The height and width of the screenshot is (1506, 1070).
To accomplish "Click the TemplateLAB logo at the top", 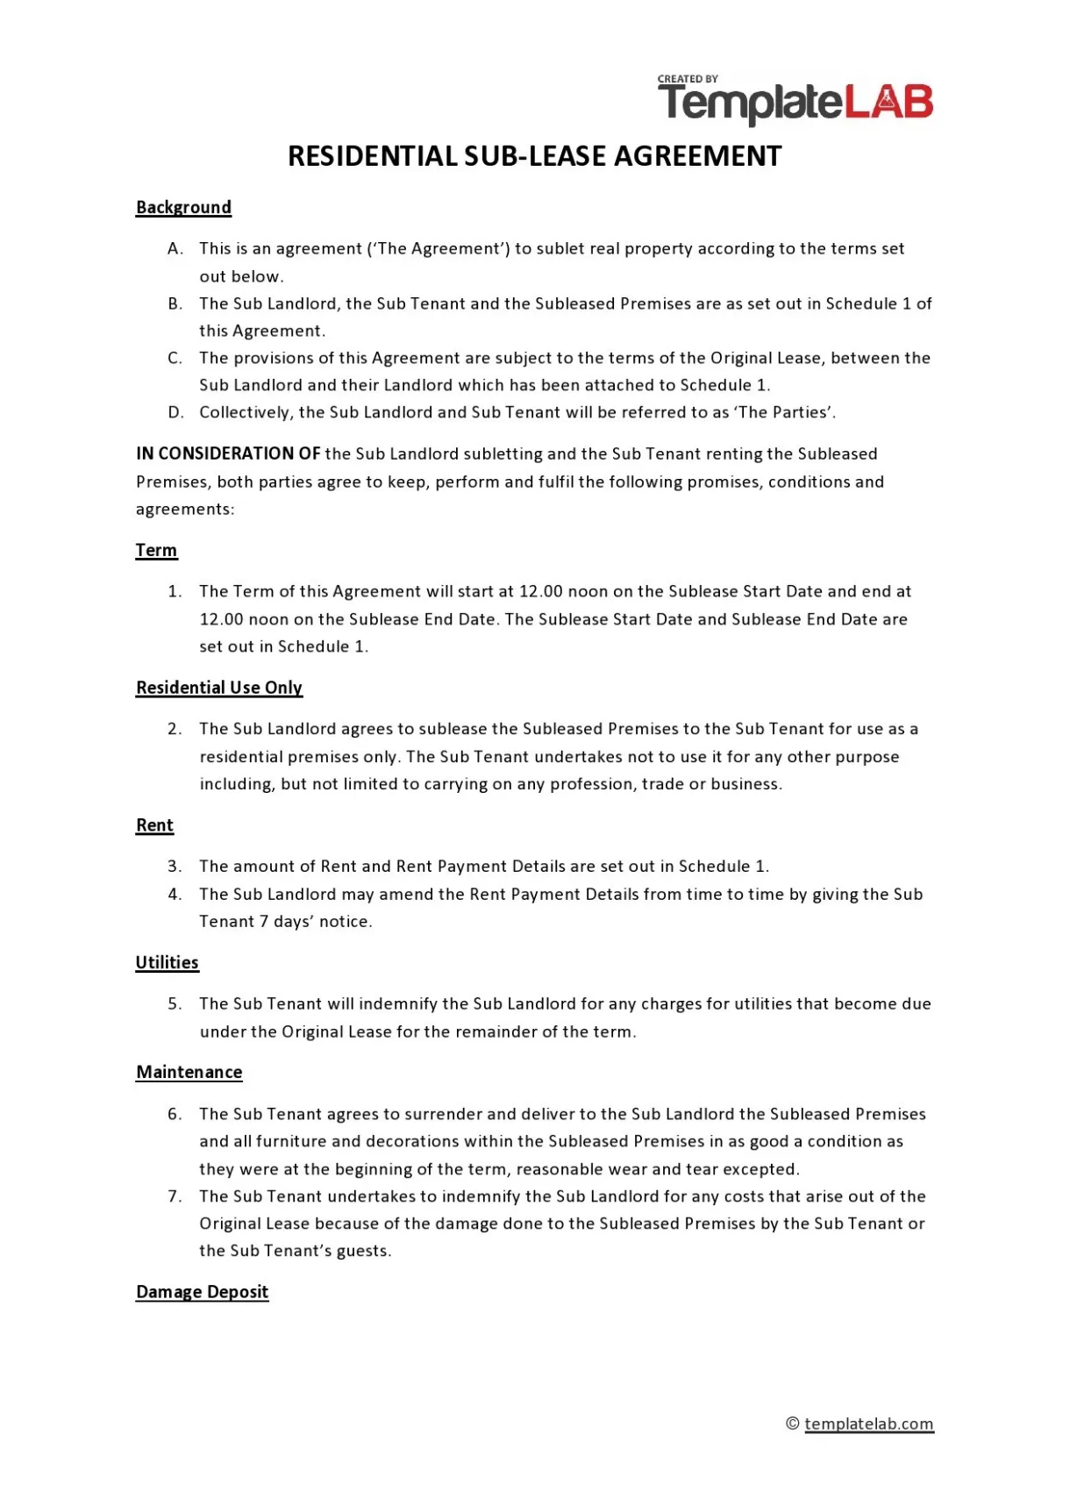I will tap(795, 103).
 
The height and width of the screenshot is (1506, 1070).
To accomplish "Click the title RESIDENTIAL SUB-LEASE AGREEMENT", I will tap(534, 156).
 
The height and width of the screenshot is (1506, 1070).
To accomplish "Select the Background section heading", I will tap(183, 208).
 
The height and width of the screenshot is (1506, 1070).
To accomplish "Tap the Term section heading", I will tap(156, 551).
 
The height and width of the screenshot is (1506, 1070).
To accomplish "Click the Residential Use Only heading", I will tap(218, 688).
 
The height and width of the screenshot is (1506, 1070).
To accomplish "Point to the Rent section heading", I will tap(154, 825).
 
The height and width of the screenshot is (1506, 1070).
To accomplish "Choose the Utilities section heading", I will tap(167, 963).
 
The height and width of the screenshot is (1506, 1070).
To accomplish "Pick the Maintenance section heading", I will tap(189, 1073).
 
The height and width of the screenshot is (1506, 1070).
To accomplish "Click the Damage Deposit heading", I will tap(202, 1292).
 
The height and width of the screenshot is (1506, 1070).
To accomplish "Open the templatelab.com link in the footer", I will tap(868, 1424).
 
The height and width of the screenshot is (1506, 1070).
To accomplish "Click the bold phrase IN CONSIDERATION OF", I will tap(228, 454).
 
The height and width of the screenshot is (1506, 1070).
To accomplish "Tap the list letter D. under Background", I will tap(175, 413).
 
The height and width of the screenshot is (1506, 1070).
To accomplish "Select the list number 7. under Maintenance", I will tap(175, 1196).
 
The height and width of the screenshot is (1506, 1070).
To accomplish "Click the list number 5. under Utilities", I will tap(175, 1004).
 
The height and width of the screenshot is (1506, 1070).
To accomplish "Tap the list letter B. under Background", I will tap(175, 304).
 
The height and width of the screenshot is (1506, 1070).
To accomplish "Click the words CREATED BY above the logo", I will tap(688, 79).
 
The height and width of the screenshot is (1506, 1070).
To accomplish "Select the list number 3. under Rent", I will tap(175, 867).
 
